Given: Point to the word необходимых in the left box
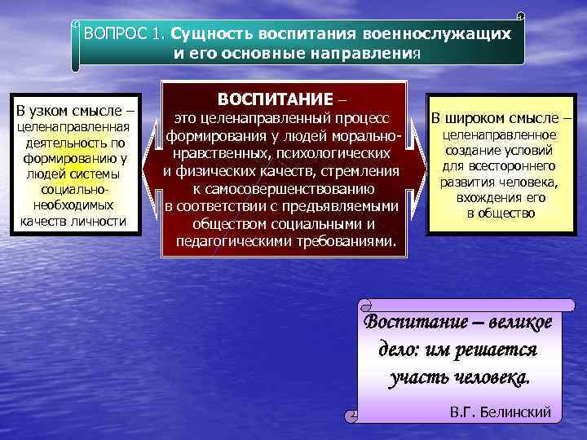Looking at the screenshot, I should point(75,205).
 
